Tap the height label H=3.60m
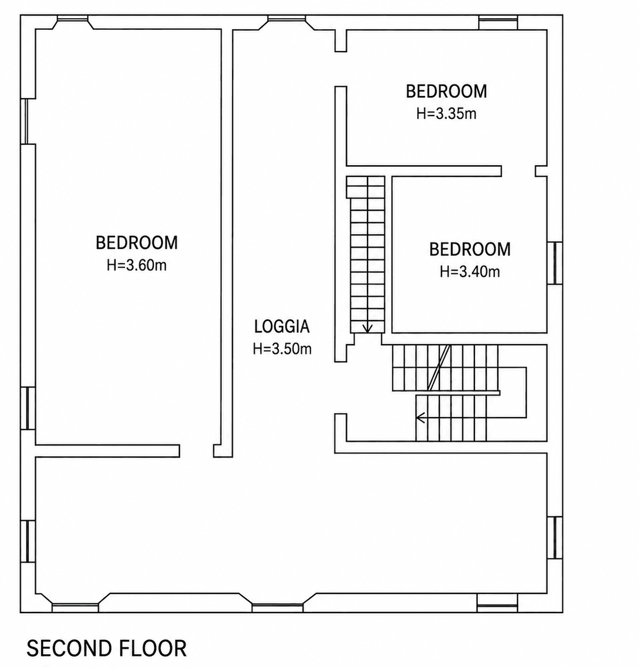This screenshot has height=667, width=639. [x=137, y=265]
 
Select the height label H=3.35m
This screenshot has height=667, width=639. [x=446, y=113]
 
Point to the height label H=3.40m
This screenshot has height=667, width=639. [x=470, y=272]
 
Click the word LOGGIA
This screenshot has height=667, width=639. [x=282, y=326]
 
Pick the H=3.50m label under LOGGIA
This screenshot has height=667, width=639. [x=282, y=348]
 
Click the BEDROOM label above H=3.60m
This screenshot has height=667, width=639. [x=137, y=243]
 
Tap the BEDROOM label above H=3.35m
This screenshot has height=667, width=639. [x=446, y=91]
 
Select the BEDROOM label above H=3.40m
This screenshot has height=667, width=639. [x=470, y=249]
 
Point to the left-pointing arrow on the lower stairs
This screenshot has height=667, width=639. [x=421, y=418]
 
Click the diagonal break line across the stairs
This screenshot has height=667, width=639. [x=439, y=368]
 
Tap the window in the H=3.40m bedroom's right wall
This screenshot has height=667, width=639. [x=555, y=263]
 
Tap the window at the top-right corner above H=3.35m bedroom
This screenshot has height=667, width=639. [x=498, y=22]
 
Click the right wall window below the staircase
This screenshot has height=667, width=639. [x=555, y=538]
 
